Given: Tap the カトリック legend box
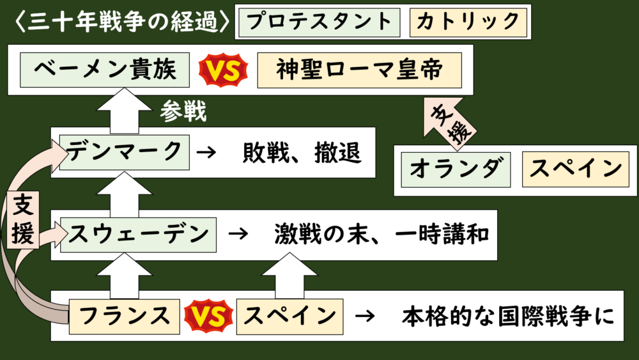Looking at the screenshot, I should pos(468,22).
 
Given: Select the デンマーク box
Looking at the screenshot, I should pos(125,152).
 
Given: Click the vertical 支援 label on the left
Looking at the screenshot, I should pos(22,219).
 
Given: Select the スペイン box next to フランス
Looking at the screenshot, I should pos(290,316).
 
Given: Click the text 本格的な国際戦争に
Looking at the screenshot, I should pos(508,316).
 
